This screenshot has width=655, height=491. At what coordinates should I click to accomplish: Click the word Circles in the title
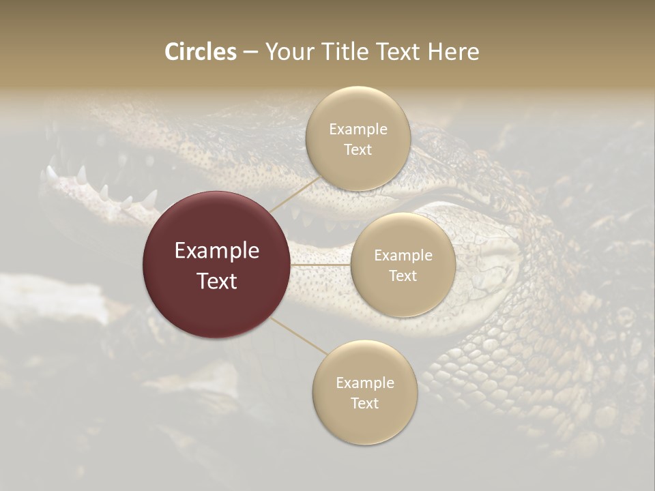(201, 52)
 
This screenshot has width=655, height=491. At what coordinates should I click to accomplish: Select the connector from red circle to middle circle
(321, 265)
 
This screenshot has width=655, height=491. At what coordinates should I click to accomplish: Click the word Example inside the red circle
(217, 251)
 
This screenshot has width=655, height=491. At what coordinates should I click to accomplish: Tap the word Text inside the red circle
(217, 281)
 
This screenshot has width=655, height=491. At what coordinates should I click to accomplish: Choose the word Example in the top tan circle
(358, 130)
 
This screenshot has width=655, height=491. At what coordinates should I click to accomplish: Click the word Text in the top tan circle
(358, 150)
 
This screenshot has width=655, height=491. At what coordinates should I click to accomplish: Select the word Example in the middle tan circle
(403, 256)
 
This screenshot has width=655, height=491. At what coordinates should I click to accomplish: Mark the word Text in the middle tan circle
(403, 276)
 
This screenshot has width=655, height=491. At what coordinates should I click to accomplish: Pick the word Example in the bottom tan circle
(364, 383)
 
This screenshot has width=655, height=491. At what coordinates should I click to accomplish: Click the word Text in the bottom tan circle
(364, 404)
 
